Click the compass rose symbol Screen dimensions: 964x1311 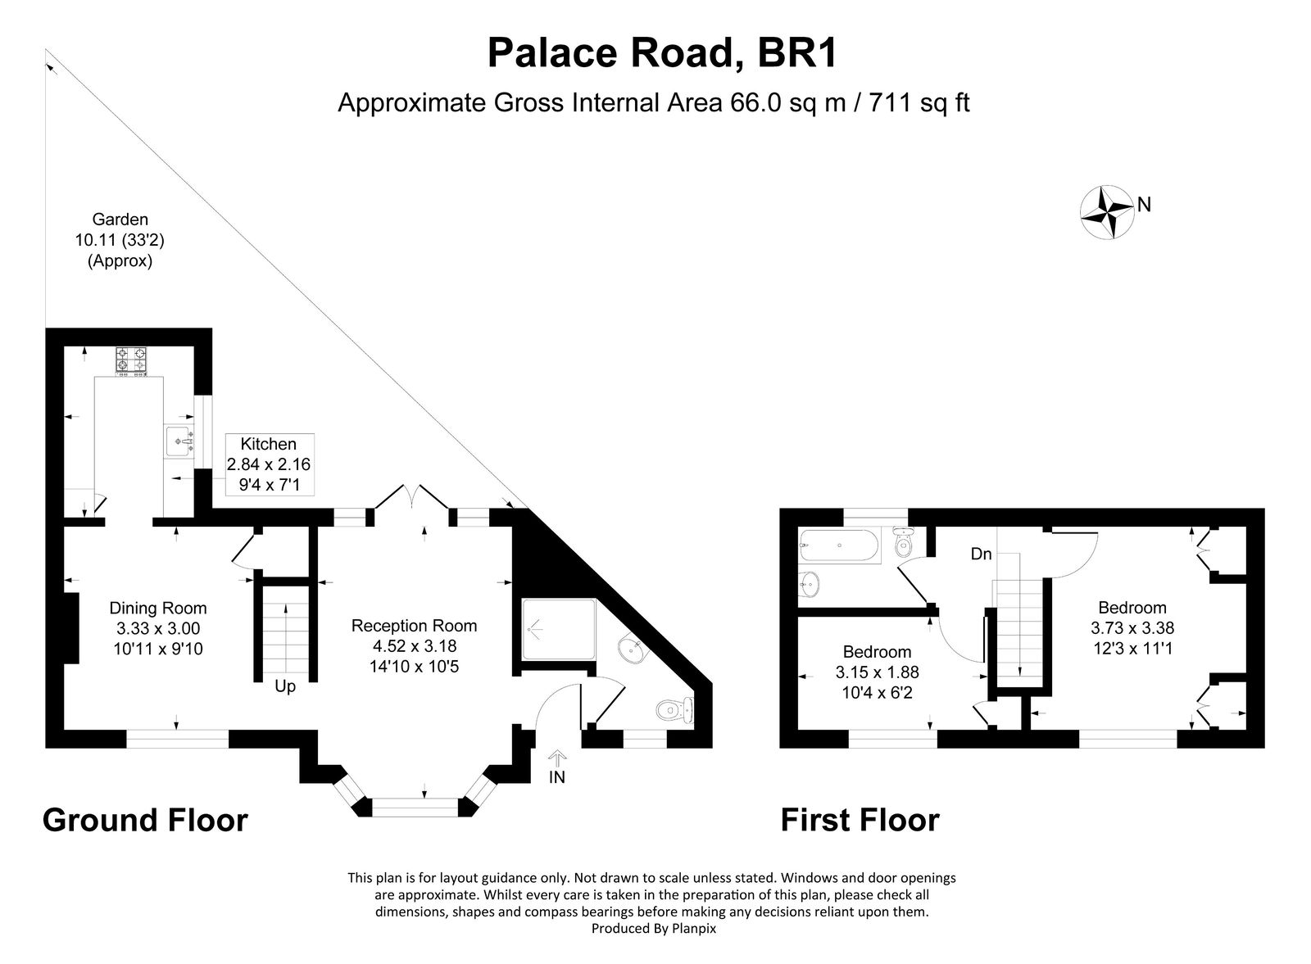click(x=1108, y=211)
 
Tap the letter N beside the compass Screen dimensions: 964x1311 click(x=1145, y=205)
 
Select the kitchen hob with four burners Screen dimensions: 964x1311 click(x=130, y=361)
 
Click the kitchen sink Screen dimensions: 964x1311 click(x=179, y=441)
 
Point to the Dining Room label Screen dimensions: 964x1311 click(x=158, y=608)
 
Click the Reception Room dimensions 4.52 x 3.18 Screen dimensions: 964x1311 click(x=414, y=646)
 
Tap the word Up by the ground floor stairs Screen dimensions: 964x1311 click(x=284, y=686)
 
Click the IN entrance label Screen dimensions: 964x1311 click(x=557, y=777)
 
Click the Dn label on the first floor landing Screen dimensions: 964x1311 click(x=981, y=554)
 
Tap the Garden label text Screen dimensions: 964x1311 click(x=120, y=220)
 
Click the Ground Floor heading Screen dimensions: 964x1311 click(x=145, y=820)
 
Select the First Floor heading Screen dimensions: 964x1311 click(x=860, y=820)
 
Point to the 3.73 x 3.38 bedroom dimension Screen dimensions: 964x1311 click(x=1132, y=628)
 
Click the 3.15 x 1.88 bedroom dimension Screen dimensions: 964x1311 click(x=877, y=672)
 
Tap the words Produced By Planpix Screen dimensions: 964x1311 click(x=653, y=929)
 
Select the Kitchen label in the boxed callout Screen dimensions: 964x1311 click(x=268, y=444)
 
